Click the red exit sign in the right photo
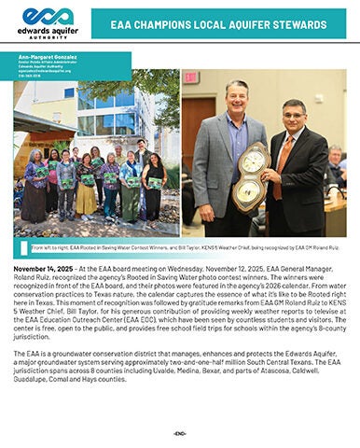point(190,77)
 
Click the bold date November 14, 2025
point(46,267)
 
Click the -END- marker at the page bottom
point(180,433)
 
